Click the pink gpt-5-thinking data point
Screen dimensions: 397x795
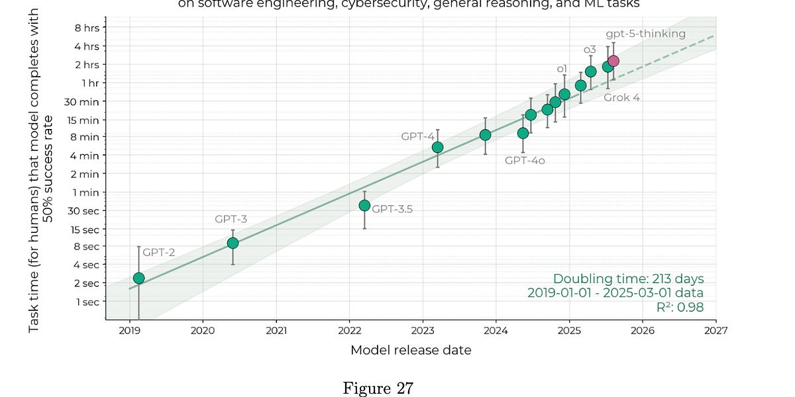pos(613,61)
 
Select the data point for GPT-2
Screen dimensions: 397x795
pos(138,278)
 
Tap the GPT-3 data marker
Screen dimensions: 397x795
pos(233,243)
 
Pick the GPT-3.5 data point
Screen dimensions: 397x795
pos(364,205)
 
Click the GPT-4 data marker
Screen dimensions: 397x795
pos(437,147)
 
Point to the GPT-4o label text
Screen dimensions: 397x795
pos(525,160)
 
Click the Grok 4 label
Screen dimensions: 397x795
pos(621,97)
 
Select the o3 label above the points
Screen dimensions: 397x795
pos(590,50)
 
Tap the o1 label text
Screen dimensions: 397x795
pos(562,69)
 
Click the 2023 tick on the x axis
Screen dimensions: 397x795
pos(423,330)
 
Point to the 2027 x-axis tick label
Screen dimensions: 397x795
pos(715,330)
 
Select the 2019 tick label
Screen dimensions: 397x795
pos(129,330)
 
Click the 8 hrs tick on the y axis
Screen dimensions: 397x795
pos(86,28)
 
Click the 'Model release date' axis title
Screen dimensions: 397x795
pos(411,350)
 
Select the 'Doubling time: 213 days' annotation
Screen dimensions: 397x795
pos(628,279)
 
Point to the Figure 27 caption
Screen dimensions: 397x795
pos(378,388)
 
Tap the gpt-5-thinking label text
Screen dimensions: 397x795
pos(645,34)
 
